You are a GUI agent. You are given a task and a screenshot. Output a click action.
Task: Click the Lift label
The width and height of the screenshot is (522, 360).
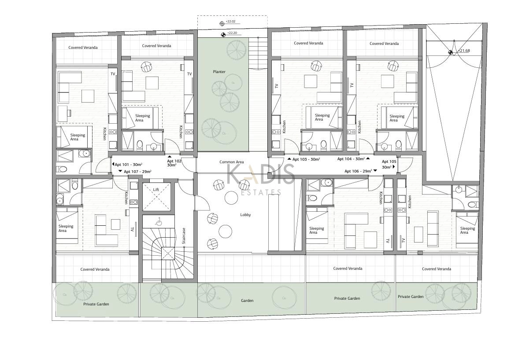(156, 190)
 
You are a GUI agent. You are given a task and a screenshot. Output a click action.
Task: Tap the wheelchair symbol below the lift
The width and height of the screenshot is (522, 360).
(159, 221)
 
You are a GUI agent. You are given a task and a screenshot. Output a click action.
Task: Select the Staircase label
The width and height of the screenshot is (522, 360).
(183, 236)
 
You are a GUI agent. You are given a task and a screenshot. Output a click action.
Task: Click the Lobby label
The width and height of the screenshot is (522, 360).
(245, 215)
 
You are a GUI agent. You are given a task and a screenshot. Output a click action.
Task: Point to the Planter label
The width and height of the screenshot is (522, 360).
(219, 72)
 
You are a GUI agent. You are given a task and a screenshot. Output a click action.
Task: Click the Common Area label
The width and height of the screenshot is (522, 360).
(231, 162)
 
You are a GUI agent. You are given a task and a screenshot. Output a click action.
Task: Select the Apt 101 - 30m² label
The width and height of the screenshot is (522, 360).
(129, 164)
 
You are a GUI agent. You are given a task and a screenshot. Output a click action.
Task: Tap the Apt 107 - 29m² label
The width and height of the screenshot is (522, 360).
(137, 172)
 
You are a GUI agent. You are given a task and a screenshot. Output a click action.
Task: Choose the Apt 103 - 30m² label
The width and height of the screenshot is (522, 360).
(306, 159)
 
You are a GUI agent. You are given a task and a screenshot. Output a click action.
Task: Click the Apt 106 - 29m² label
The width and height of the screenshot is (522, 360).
(358, 171)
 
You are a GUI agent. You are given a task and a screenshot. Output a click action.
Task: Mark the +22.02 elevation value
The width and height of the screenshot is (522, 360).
(230, 22)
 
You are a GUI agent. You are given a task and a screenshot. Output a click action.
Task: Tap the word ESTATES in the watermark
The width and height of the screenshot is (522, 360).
(261, 192)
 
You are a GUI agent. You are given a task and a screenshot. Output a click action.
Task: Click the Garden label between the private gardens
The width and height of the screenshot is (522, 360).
(247, 301)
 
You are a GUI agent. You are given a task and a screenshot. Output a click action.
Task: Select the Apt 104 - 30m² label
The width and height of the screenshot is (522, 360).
(351, 159)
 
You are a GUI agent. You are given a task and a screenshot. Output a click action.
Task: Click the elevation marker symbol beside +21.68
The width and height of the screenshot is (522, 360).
(451, 52)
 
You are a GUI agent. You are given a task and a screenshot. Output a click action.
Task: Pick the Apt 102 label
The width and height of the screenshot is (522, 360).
(174, 161)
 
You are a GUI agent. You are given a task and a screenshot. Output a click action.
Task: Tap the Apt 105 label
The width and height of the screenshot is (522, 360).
(389, 162)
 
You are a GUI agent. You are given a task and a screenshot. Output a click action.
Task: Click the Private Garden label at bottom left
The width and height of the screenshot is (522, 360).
(96, 304)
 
